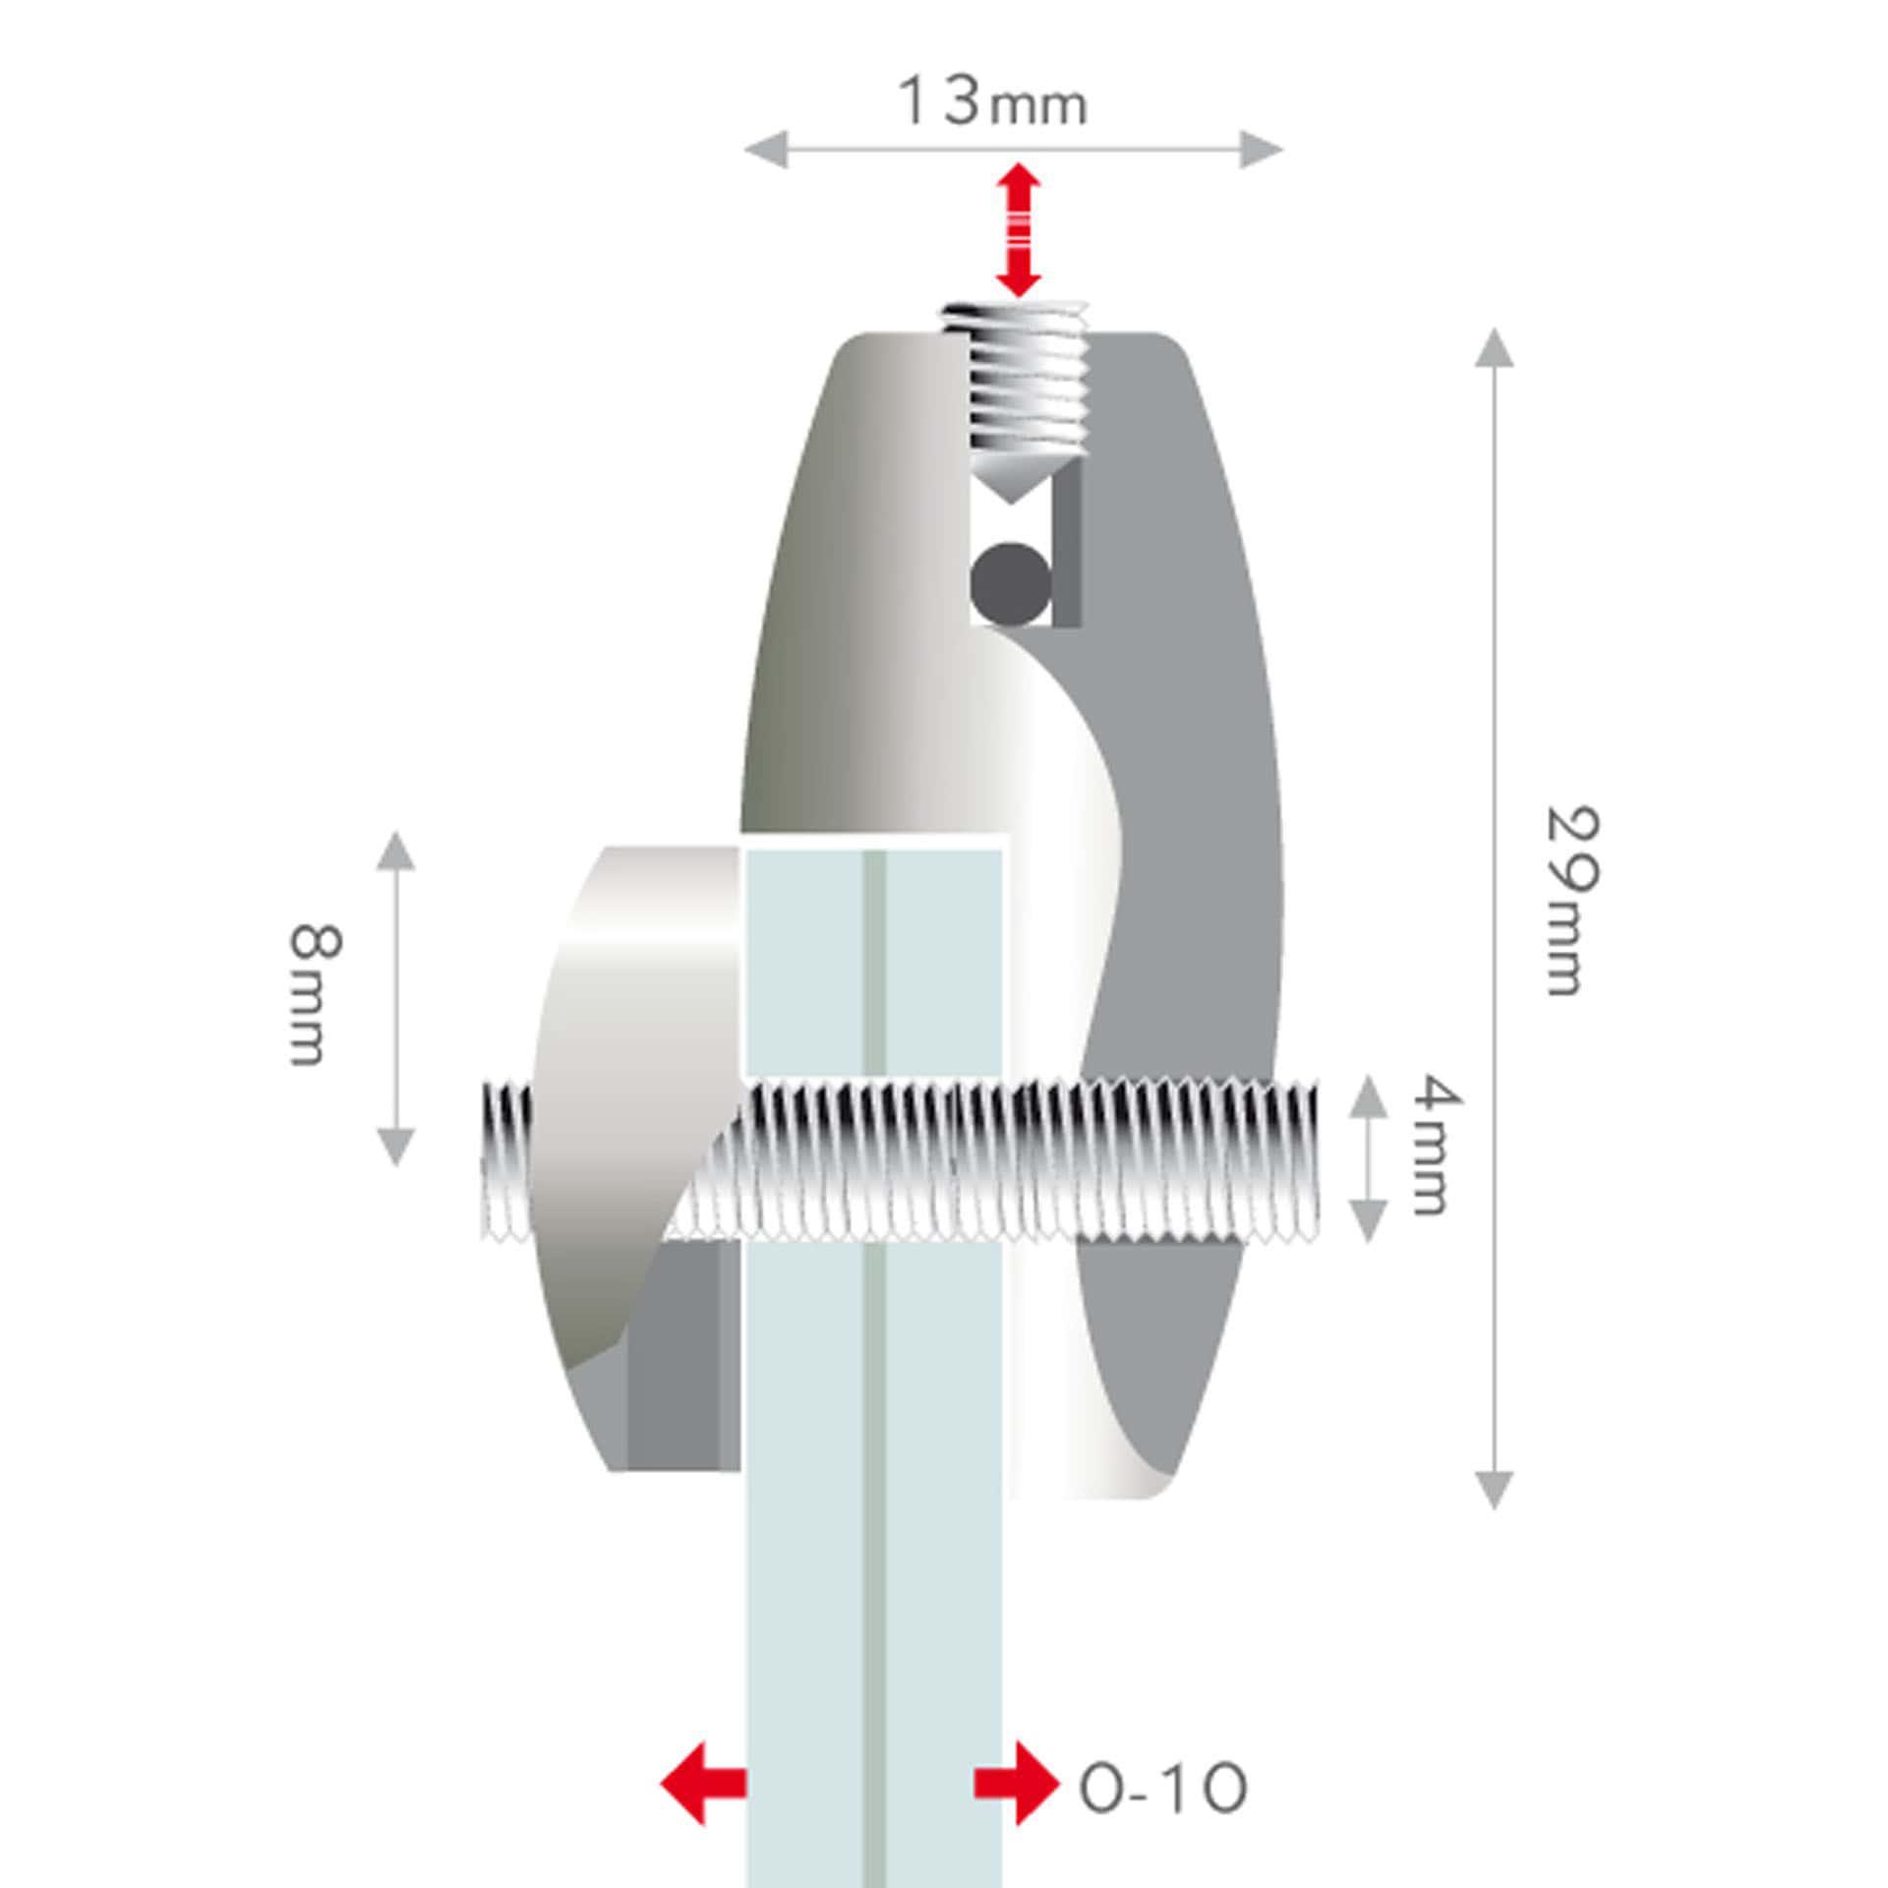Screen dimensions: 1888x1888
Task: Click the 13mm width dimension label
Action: coord(993,102)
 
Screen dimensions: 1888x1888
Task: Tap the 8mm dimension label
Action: coord(317,994)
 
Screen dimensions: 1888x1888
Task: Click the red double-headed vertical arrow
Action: coord(1018,231)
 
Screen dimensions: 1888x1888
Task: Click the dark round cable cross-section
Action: coord(1010,582)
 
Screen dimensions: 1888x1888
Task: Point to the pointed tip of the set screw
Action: coord(1010,503)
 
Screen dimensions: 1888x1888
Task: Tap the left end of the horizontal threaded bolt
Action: coord(484,1160)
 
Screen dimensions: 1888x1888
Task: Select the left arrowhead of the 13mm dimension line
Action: coord(765,150)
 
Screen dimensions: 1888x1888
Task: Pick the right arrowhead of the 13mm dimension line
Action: coord(1263,150)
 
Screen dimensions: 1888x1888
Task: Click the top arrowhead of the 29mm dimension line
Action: coord(1494,347)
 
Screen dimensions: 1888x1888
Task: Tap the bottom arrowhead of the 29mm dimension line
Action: coord(1494,1489)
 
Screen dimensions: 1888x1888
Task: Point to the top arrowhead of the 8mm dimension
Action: coord(395,851)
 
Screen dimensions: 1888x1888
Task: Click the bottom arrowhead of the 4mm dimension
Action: coord(1367,1221)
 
